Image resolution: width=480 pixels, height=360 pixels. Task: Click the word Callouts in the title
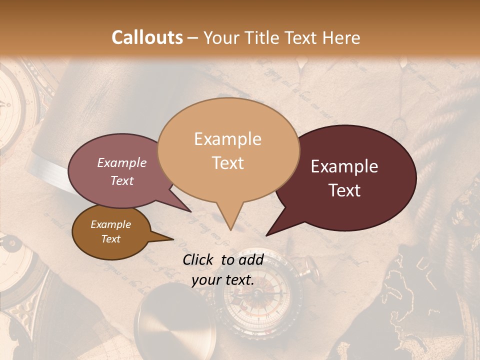point(147,37)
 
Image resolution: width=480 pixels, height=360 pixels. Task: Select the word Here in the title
point(341,37)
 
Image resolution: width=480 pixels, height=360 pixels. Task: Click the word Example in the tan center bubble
point(227,139)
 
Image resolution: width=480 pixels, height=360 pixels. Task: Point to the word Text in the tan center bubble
point(228,162)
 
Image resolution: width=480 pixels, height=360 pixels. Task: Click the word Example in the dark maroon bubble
point(344,166)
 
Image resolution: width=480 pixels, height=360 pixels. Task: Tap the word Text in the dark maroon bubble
point(345,190)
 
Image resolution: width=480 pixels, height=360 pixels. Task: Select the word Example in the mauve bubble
point(122,162)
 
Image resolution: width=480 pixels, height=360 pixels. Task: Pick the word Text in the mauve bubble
point(122,180)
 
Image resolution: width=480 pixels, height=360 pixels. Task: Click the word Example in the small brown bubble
point(111,224)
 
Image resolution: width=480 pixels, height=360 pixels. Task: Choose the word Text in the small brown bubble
point(111,239)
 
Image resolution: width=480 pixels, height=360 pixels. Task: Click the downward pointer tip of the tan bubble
point(230,230)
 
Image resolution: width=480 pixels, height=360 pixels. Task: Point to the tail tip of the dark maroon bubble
point(266,235)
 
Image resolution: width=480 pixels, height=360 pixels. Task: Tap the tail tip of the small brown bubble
point(173,239)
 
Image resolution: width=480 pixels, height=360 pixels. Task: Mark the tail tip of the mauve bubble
point(191,211)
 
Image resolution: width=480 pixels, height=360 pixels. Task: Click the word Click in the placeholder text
point(199,259)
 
